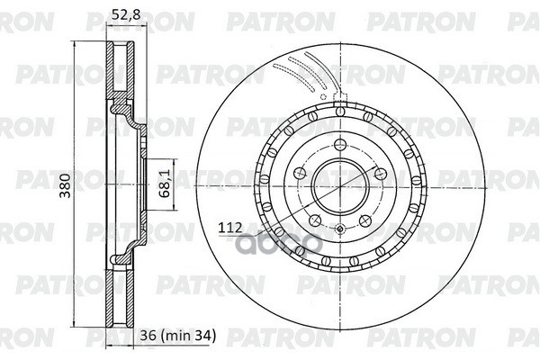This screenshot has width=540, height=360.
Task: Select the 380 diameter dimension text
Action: tap(61, 186)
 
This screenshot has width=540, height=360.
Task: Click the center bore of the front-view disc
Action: tap(340, 186)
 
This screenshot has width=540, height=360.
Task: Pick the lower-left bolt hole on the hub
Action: tap(312, 220)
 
